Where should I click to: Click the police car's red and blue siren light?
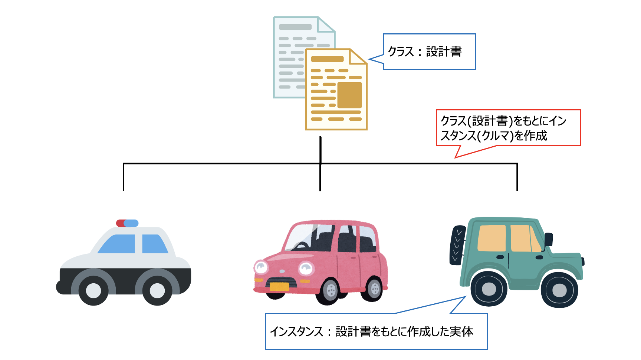127,223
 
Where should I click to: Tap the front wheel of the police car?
94,290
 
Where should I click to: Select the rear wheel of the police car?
157,290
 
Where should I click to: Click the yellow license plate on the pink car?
279,287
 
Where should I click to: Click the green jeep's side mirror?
549,239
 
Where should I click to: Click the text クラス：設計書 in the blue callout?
425,51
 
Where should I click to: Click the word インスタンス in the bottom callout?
296,331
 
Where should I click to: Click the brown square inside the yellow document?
349,95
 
